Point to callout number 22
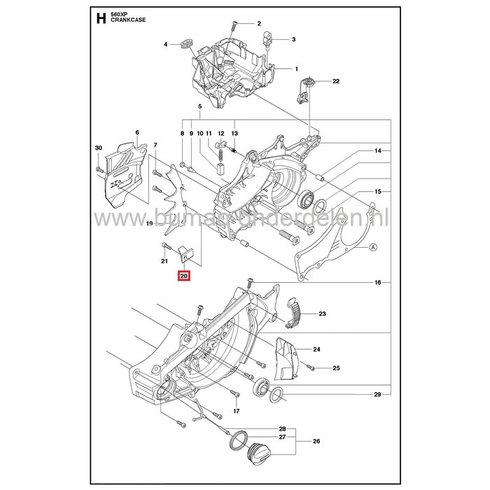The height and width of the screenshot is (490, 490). pyautogui.click(x=336, y=82)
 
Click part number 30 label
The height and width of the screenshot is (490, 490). pyautogui.click(x=98, y=148)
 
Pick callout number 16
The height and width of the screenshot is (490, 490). pyautogui.click(x=377, y=282)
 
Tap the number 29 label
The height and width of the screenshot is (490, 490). pyautogui.click(x=377, y=396)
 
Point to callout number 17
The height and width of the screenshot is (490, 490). pyautogui.click(x=237, y=411)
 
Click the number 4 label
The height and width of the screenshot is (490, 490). pyautogui.click(x=167, y=44)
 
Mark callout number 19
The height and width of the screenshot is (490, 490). pyautogui.click(x=149, y=224)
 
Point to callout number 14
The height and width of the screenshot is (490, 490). pyautogui.click(x=377, y=151)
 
